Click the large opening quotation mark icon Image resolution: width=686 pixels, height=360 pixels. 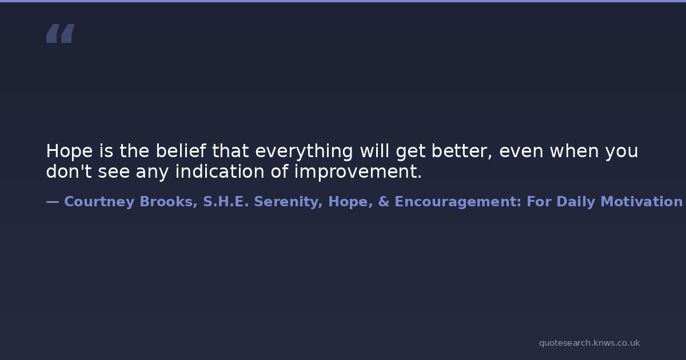point(61,33)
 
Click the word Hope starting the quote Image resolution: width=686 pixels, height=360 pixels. point(69,151)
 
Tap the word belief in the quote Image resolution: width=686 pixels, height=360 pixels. point(181,151)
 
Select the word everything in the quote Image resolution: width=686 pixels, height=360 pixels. point(304,151)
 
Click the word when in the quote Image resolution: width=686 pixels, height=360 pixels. point(575,151)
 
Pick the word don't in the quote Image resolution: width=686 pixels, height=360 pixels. point(69,171)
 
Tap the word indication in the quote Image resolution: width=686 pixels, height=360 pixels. point(220,171)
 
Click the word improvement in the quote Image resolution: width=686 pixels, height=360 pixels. point(358,171)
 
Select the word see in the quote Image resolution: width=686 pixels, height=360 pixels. point(114,171)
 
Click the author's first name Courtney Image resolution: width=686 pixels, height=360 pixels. point(99,202)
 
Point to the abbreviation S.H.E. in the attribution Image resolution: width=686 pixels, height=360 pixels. point(226,202)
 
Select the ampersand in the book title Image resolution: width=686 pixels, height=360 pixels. point(384,202)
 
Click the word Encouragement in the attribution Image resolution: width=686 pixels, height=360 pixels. point(458,202)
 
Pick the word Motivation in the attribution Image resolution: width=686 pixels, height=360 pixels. point(641,202)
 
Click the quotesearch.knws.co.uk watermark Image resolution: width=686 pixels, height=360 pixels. point(589,343)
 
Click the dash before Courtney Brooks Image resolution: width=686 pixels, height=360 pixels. point(53,202)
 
